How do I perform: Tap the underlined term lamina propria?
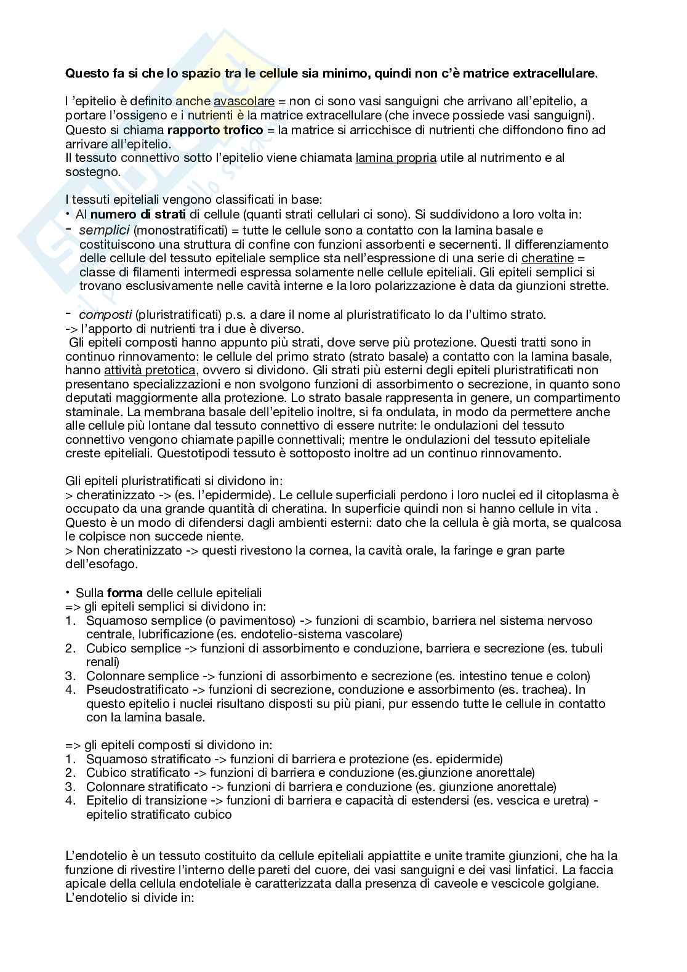coord(396,158)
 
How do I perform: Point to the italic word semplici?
coord(104,230)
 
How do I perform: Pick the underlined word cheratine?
coord(547,258)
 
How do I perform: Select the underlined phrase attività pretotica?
coord(147,370)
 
